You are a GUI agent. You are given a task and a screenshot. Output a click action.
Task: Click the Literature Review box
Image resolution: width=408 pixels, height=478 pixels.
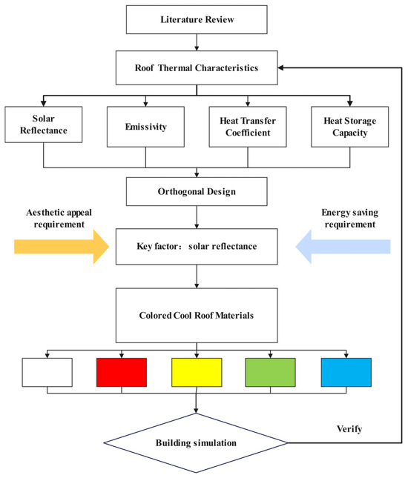coord(196,19)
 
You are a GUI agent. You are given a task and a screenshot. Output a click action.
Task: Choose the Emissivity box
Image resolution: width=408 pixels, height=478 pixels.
coord(145,125)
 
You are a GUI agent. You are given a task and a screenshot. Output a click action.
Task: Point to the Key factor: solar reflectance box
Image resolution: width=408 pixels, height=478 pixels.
coord(196,245)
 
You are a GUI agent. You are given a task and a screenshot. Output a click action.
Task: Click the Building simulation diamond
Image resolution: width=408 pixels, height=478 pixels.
coord(196,443)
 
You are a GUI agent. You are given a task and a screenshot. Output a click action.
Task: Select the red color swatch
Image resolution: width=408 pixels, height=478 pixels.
coord(122,372)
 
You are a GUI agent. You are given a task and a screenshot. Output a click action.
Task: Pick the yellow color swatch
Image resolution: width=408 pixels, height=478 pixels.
coord(197,372)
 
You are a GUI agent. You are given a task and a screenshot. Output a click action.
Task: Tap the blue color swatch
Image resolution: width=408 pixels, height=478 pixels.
coord(346,372)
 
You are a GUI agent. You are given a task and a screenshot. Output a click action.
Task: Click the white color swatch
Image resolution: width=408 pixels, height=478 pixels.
coord(47,372)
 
